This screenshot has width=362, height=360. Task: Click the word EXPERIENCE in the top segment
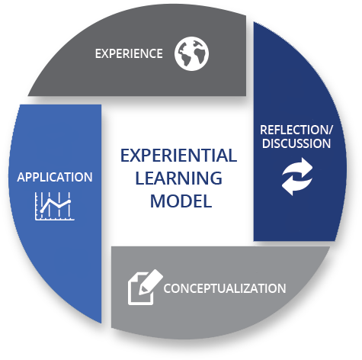(129, 53)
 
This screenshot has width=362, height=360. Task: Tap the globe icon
(191, 53)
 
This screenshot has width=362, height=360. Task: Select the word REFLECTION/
(296, 130)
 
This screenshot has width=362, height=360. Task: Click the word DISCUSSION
(296, 143)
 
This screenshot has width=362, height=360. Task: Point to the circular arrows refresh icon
(297, 176)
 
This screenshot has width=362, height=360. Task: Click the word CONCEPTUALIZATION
(225, 288)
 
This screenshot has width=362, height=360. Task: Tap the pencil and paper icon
(146, 287)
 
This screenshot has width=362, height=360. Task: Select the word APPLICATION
(55, 177)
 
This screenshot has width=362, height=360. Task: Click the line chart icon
(55, 206)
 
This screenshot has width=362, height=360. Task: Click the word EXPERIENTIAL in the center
(178, 156)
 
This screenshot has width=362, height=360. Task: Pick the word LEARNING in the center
(179, 178)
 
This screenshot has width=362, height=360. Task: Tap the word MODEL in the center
(181, 201)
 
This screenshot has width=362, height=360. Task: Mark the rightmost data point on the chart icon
(69, 201)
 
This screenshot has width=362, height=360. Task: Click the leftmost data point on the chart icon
(41, 211)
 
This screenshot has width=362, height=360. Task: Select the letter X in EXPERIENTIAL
(135, 156)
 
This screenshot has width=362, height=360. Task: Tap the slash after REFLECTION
(330, 130)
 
